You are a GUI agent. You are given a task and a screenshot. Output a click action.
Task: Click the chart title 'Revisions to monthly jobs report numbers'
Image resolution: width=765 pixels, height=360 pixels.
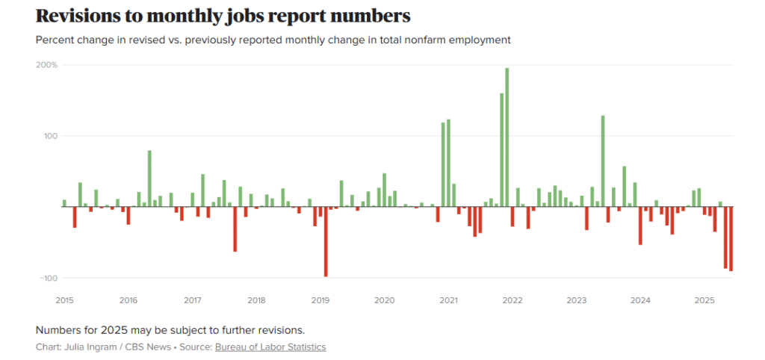223,16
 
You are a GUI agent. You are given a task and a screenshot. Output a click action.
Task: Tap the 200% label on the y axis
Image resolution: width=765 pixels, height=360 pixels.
48,65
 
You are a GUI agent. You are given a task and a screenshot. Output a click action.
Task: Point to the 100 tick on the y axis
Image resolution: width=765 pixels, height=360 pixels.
50,136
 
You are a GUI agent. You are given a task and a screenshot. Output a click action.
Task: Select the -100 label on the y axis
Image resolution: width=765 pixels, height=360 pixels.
49,278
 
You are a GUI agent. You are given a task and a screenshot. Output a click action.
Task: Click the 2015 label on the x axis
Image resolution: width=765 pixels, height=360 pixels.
65,300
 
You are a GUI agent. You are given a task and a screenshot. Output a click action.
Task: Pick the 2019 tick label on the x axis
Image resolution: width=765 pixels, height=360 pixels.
320,300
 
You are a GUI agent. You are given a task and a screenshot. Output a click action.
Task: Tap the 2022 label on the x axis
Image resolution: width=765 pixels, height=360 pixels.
512,300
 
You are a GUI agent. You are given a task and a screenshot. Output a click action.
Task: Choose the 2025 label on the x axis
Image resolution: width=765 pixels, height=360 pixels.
704,300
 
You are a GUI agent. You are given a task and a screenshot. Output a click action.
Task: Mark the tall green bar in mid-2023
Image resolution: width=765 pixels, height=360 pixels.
603,161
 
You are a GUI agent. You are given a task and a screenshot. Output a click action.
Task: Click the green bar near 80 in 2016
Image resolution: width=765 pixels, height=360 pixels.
149,179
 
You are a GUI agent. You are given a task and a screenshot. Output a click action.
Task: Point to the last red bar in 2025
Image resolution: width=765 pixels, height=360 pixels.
731,239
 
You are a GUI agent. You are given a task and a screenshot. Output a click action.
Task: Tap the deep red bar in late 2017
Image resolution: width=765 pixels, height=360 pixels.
235,229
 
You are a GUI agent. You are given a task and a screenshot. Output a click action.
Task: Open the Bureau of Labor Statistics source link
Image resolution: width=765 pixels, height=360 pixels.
270,347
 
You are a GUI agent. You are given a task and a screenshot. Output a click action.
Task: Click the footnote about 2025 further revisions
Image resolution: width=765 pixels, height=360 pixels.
170,330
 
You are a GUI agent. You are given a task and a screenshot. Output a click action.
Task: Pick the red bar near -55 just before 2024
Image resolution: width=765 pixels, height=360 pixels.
640,226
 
